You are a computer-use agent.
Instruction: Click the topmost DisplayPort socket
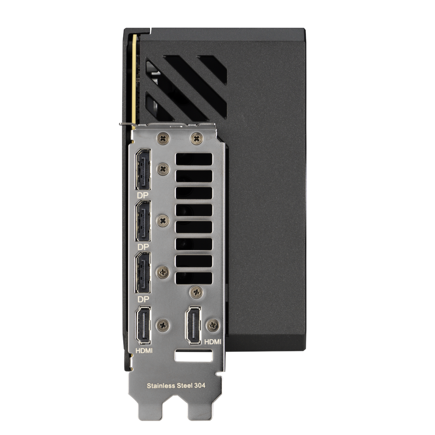coord(143,169)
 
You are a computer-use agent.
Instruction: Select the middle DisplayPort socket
coord(143,221)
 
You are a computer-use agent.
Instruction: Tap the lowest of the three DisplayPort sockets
coord(143,273)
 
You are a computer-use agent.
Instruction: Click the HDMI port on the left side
coord(143,325)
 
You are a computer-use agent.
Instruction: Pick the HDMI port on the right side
coord(194,325)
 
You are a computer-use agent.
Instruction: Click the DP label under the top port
coord(143,195)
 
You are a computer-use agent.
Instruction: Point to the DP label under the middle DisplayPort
coord(143,247)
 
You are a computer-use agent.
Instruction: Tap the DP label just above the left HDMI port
coord(143,299)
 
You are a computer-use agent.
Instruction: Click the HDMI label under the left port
coord(144,351)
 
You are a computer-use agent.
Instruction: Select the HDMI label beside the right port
coord(213,342)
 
